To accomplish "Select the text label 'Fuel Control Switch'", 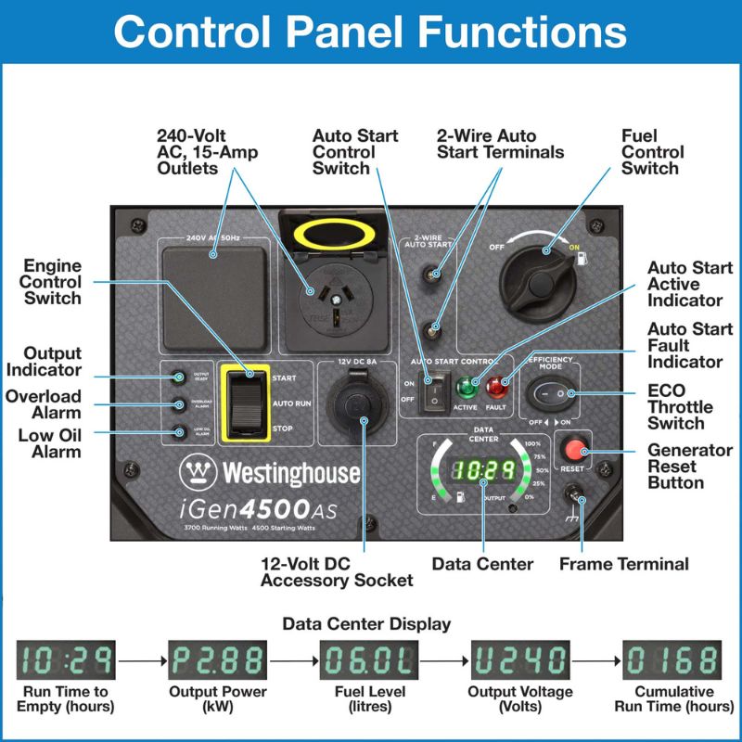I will point(652,152).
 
